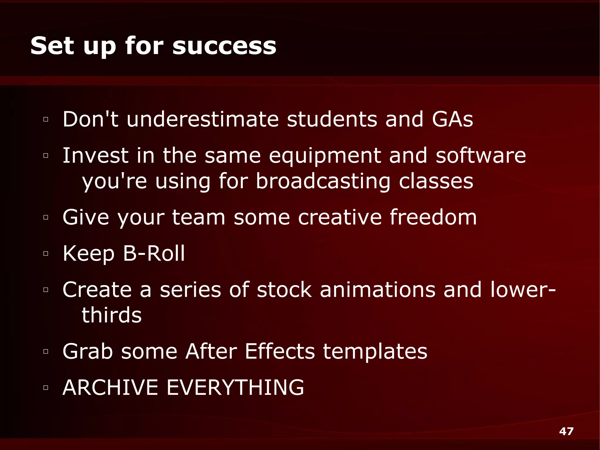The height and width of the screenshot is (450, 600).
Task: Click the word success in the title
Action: (x=224, y=46)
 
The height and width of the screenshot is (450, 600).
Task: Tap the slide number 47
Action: (x=566, y=431)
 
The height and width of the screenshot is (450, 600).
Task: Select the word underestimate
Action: (x=202, y=119)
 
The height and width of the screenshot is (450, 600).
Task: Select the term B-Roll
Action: (x=154, y=253)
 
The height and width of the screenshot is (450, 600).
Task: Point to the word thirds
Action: (x=112, y=315)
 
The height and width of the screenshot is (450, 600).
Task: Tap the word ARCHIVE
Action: (x=110, y=387)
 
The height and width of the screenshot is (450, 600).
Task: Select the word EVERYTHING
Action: (x=235, y=387)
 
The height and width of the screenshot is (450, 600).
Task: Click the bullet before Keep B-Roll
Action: (x=45, y=254)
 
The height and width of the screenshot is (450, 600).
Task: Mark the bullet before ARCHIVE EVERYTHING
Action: (x=45, y=388)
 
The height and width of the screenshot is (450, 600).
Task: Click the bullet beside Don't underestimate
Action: (x=45, y=119)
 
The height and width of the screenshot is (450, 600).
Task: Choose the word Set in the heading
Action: (x=52, y=46)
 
